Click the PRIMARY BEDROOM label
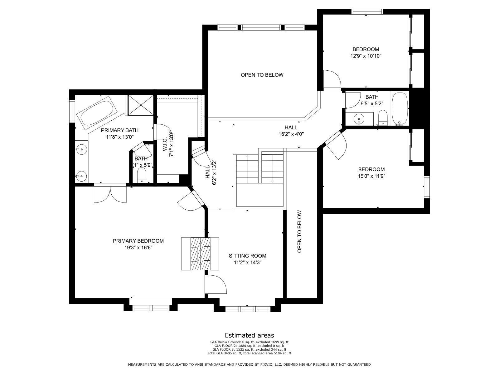click(138, 241)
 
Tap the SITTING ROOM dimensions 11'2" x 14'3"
click(247, 262)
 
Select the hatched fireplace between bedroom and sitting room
click(200, 253)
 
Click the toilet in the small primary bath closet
click(142, 175)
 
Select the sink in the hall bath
click(359, 118)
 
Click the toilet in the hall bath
click(382, 118)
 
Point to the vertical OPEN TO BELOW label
click(299, 231)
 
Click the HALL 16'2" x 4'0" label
click(291, 131)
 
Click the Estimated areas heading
click(249, 335)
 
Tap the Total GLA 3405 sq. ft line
click(249, 353)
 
